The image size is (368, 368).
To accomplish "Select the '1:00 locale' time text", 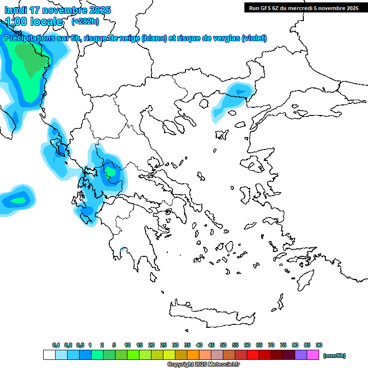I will pos(34,22).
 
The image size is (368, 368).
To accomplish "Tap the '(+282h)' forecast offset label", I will pos(85,21).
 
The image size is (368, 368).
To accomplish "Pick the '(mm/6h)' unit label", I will pos(334,356).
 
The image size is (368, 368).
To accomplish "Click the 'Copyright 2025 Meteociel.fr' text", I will pos(203,365).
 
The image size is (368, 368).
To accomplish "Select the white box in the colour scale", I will pos(49,355).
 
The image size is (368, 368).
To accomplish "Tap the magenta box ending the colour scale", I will pos(313,355).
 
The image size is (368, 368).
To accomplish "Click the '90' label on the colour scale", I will pos(319,345).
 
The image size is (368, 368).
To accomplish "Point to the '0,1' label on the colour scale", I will pos(56,345).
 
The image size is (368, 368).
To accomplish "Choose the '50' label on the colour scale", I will pos(223,345).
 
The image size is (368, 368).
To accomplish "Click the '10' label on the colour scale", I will pos(127,345).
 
